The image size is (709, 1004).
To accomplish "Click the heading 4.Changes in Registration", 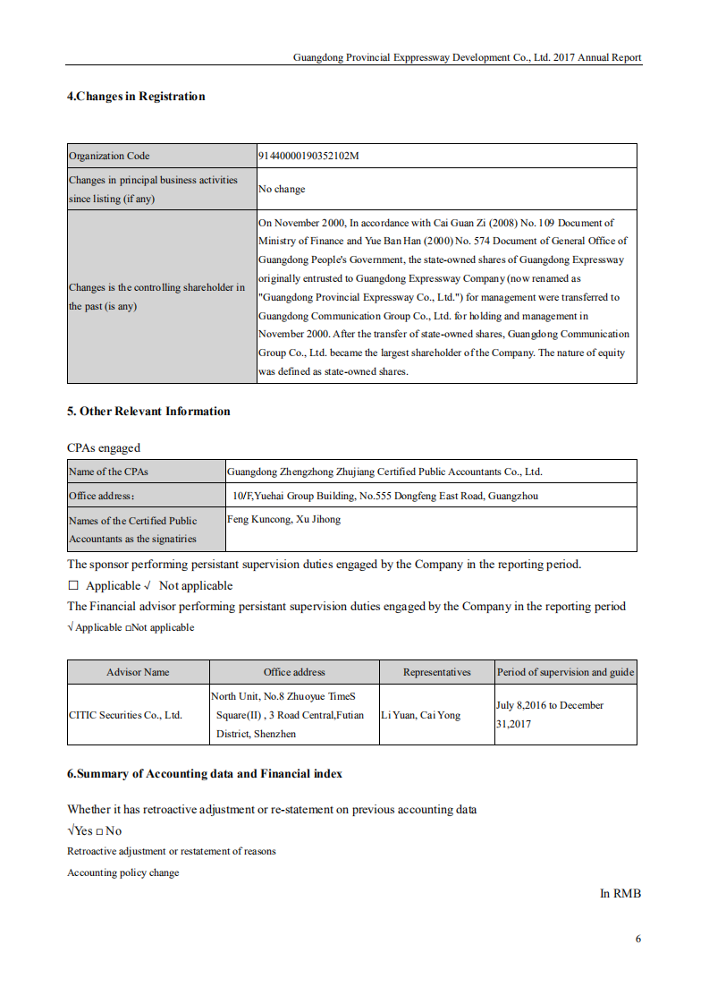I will point(136,97).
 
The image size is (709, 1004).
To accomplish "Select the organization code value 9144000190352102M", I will point(308,156).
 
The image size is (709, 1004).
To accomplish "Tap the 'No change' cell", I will point(282,189).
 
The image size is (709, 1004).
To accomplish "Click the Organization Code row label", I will point(109,156).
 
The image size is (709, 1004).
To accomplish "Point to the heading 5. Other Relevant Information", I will point(148,412).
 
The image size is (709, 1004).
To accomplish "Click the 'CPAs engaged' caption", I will point(104,447).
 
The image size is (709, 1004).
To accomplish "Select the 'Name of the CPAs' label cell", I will point(109,472).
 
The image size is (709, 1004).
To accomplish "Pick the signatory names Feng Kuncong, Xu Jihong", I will point(283,519).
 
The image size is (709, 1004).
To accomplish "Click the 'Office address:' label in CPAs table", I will point(101,496).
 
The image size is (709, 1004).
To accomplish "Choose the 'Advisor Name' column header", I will point(138,672).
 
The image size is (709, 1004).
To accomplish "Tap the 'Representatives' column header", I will point(436,672).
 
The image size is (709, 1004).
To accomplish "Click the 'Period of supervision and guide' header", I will point(565,672).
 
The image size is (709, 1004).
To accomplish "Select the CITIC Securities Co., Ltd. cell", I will point(125,715).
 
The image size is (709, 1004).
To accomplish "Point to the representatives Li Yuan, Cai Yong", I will point(420,715).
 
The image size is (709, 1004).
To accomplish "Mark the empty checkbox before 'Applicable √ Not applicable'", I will point(73,586).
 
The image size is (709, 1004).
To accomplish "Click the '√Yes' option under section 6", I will point(80,830).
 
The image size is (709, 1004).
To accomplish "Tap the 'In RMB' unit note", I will point(620,893).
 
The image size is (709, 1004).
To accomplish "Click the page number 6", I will point(638,939).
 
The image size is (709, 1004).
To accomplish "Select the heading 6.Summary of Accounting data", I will point(205,774).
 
